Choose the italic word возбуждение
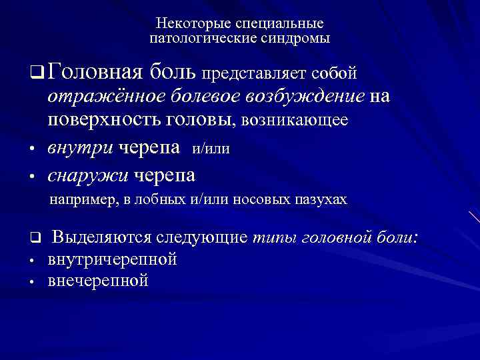(x=315, y=97)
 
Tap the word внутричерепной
(x=112, y=259)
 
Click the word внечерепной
(x=98, y=281)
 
